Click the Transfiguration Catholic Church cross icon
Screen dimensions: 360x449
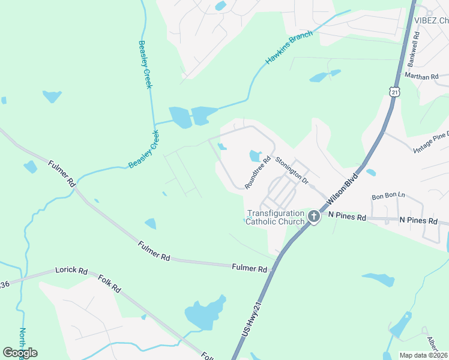[313, 216]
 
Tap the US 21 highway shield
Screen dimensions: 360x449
[394, 91]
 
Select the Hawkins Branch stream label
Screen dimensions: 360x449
[289, 48]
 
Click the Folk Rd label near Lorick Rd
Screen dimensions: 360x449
[110, 284]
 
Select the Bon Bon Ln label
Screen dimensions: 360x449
[388, 196]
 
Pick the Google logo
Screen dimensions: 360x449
[20, 353]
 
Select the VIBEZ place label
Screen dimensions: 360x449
[431, 20]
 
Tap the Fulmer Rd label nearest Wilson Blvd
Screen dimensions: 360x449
[249, 268]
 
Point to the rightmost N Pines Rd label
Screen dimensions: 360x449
[418, 221]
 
